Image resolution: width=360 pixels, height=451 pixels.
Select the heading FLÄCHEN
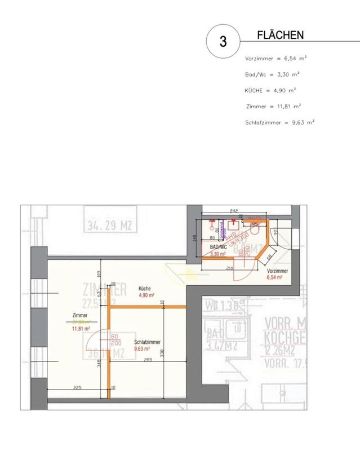(x=280, y=36)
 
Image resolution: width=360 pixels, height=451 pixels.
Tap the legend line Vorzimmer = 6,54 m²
(x=275, y=59)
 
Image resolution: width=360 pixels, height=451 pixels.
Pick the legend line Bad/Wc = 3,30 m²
(x=272, y=74)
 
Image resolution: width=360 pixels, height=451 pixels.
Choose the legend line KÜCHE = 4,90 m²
(x=270, y=90)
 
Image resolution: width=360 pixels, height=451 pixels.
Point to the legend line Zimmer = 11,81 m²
(x=274, y=106)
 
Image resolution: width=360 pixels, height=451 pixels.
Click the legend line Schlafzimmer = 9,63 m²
(x=279, y=122)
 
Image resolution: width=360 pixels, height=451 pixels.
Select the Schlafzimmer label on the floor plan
(x=148, y=342)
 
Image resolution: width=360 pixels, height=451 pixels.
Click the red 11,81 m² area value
(x=81, y=329)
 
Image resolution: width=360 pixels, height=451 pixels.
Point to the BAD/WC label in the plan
(x=217, y=247)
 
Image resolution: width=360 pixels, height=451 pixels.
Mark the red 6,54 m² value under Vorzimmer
(x=277, y=278)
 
